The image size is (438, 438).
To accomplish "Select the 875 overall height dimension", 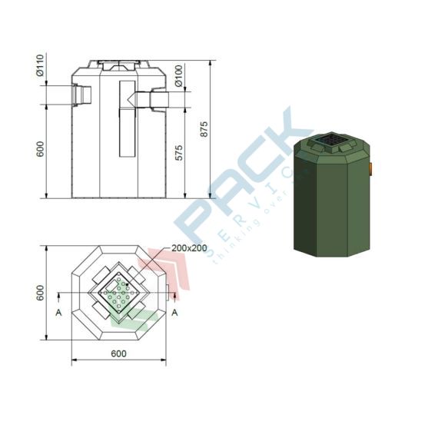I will click(204, 128).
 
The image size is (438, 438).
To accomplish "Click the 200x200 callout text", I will click(190, 248).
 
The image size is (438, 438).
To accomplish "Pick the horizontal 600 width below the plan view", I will click(118, 353).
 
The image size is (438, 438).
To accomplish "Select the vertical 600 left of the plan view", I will click(39, 293).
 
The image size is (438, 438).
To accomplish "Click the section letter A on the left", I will click(58, 313).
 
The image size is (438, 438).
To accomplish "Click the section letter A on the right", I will click(174, 312).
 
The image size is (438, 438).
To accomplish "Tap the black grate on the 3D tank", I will click(333, 141).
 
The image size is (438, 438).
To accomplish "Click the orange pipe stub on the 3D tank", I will click(370, 167).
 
